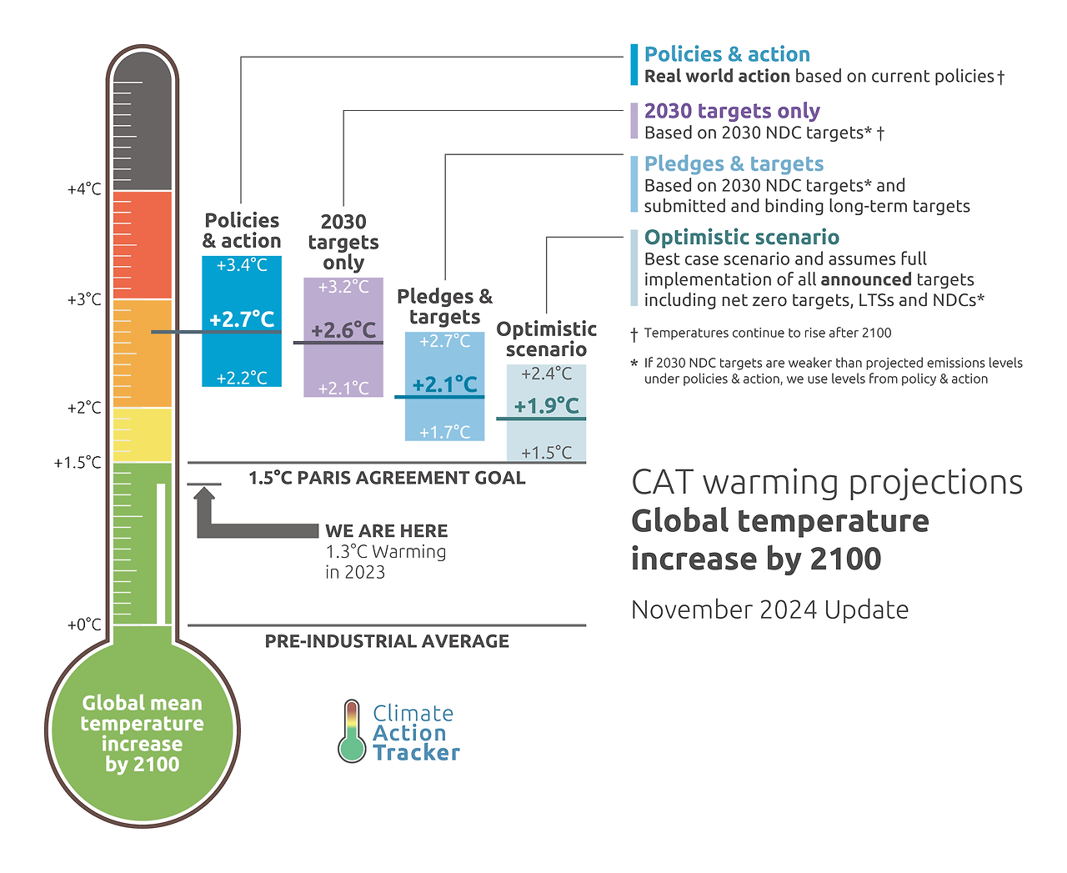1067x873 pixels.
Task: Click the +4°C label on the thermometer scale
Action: coord(84,189)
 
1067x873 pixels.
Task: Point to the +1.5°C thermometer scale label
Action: coord(78,463)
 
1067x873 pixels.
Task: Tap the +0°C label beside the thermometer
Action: coord(84,625)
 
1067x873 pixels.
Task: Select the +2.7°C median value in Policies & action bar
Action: coord(242,319)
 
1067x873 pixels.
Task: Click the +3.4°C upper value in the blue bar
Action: coord(242,265)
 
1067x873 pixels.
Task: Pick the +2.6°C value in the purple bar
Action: coord(343,330)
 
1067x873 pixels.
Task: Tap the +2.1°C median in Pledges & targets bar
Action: coord(445,384)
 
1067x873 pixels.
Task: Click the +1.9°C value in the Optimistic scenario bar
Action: coord(546,406)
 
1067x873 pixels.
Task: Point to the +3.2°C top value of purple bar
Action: coord(343,287)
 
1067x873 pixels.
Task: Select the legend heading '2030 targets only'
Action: coord(732,111)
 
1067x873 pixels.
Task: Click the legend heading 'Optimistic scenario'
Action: coord(741,238)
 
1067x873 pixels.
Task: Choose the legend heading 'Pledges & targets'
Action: coord(734,164)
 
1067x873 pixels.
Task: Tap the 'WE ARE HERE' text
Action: coord(386,531)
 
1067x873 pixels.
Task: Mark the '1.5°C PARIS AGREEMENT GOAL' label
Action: coord(387,478)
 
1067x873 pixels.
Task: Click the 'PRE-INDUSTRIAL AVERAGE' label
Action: coord(387,641)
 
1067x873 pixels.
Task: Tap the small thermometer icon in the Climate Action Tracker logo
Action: coord(352,731)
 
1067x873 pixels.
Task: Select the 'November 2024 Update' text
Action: coord(769,610)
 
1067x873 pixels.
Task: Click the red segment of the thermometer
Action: coord(142,244)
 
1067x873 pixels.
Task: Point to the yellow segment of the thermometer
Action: coord(142,434)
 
